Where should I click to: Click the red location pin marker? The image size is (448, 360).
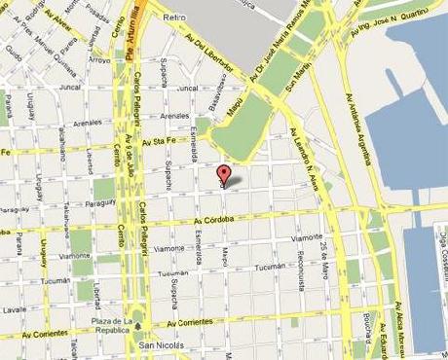coord(224,174)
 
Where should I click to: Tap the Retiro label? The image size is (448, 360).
coord(174,18)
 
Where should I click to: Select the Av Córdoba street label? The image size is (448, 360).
coord(215,220)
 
